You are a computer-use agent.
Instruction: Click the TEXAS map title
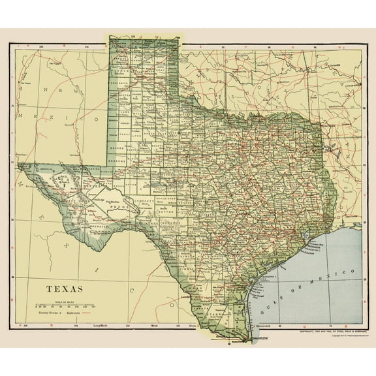point(65,287)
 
